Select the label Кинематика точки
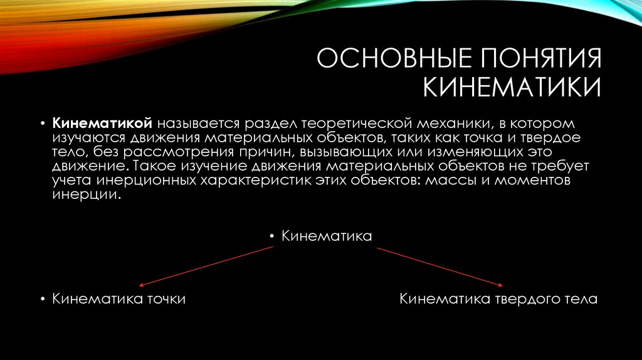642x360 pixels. click(x=118, y=299)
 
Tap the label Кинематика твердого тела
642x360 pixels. click(x=499, y=299)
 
